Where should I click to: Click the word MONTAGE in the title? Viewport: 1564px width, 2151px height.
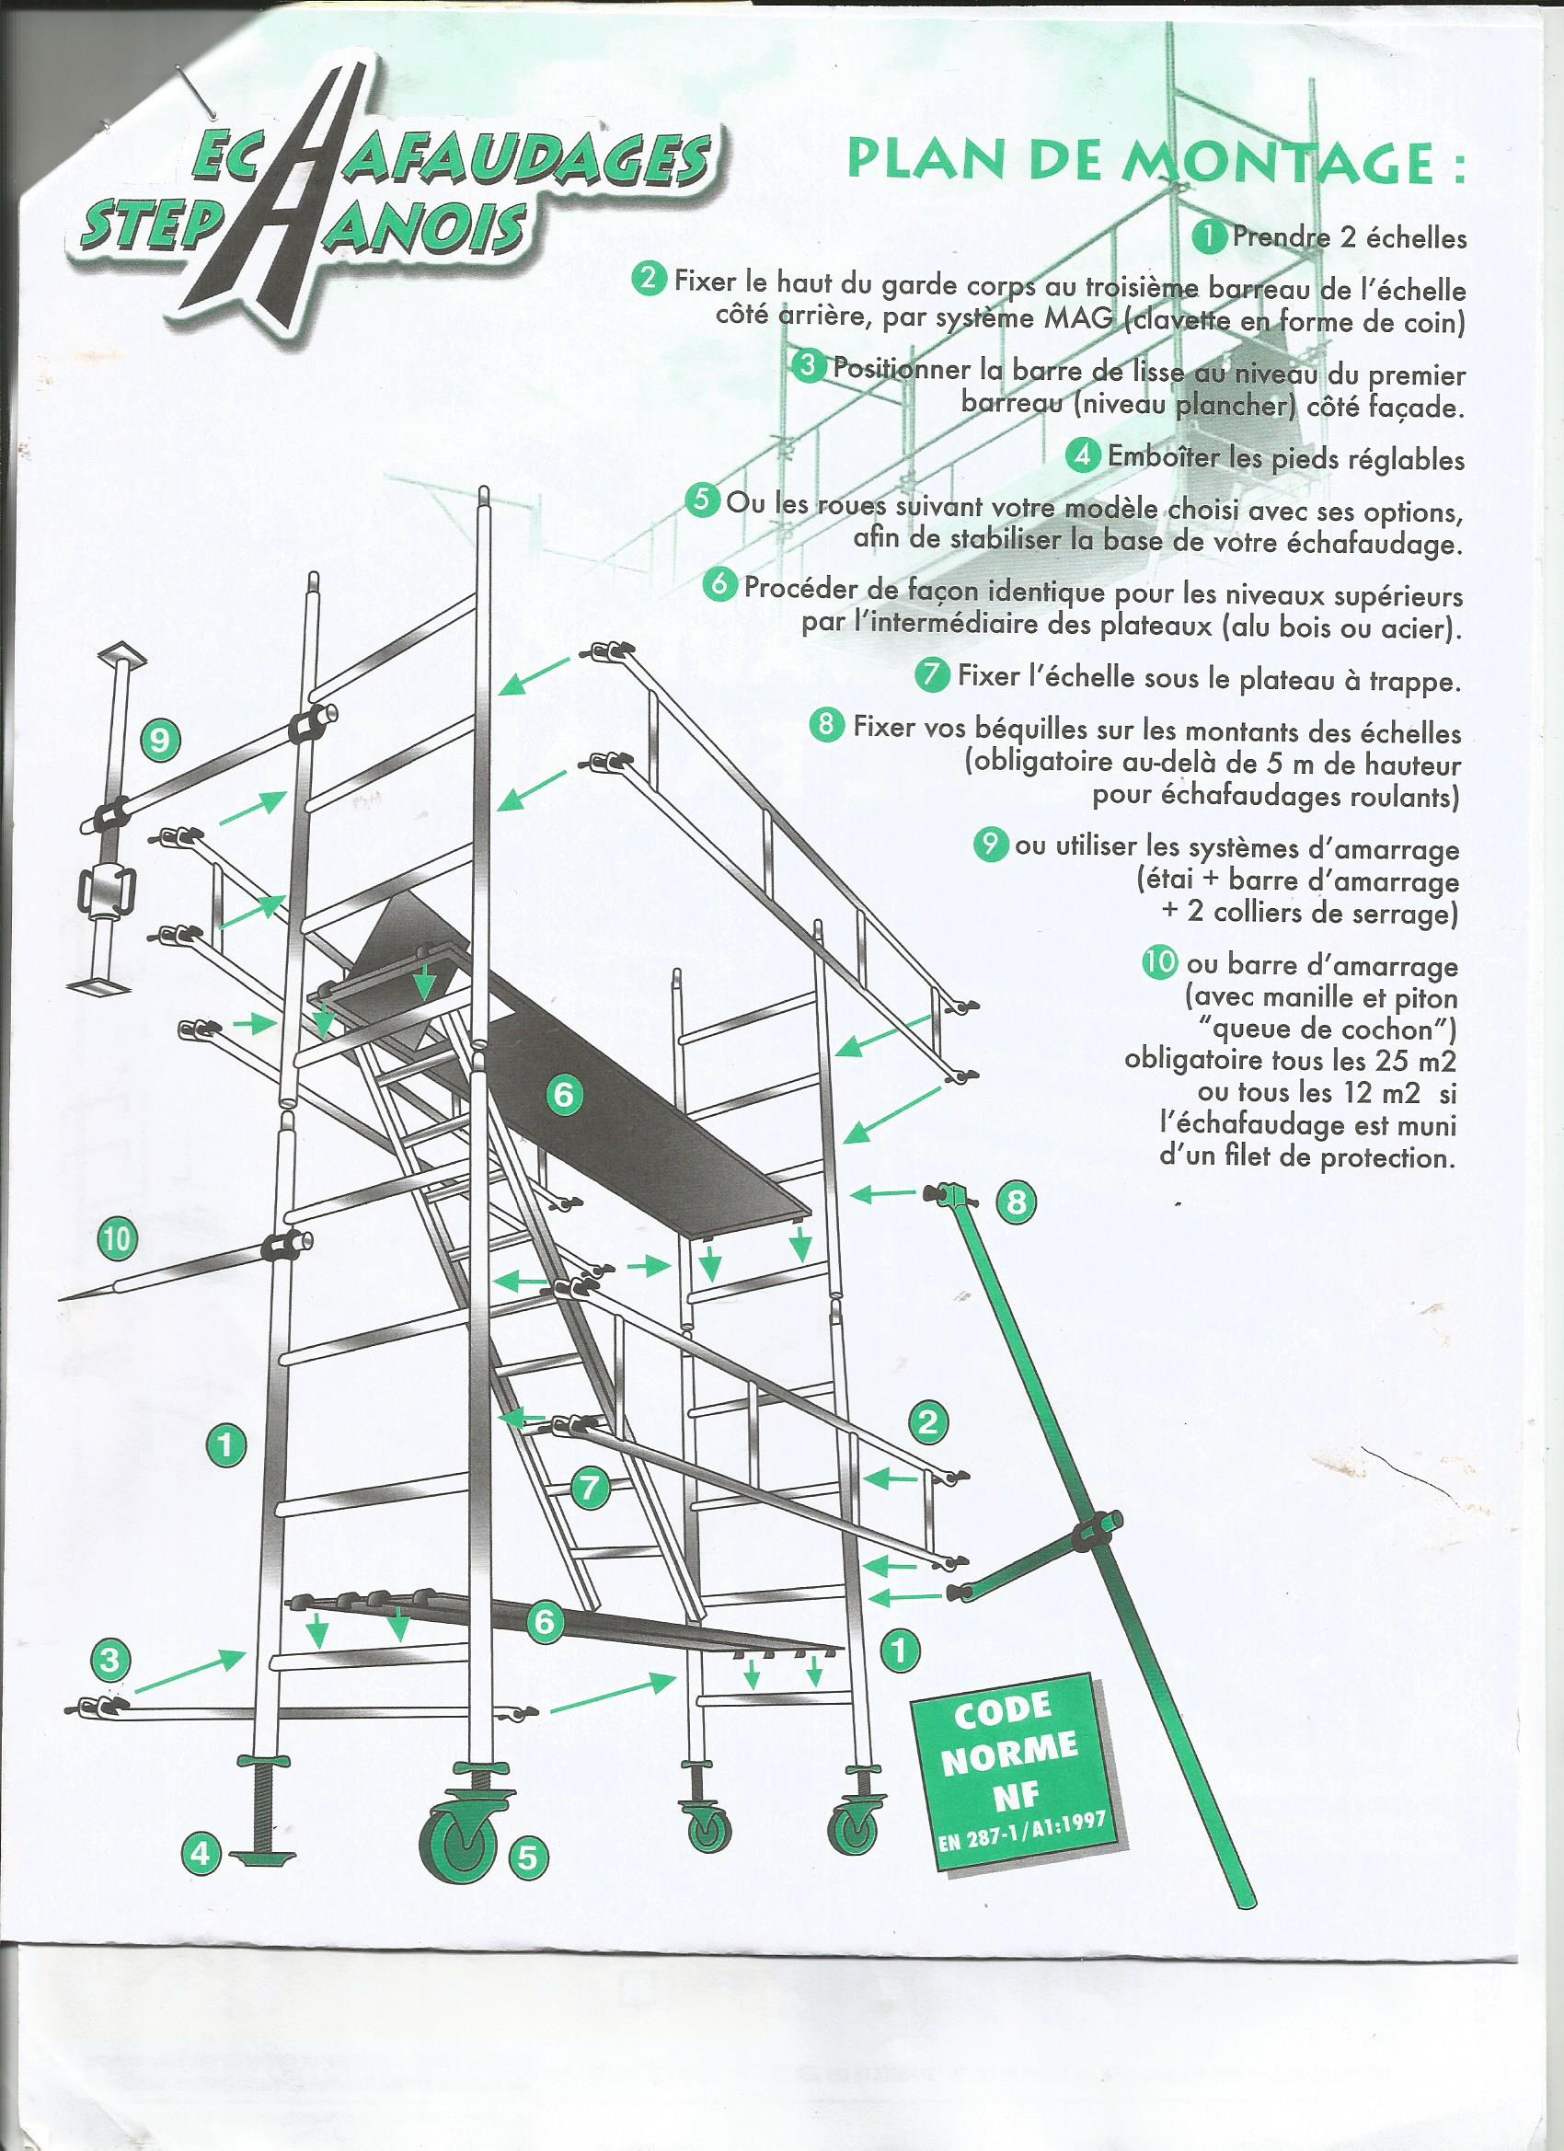click(x=1282, y=162)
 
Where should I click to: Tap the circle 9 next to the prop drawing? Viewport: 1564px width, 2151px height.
click(x=160, y=739)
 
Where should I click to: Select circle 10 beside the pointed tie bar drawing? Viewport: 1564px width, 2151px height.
click(x=117, y=1239)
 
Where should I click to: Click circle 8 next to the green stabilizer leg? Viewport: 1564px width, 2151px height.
click(x=1016, y=1203)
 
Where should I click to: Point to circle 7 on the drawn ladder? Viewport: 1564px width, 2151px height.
click(x=590, y=1487)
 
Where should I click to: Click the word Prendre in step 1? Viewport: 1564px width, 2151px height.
click(x=1281, y=237)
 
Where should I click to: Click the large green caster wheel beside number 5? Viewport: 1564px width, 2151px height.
click(x=459, y=1845)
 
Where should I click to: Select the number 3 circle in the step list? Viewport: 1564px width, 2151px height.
click(x=809, y=366)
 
